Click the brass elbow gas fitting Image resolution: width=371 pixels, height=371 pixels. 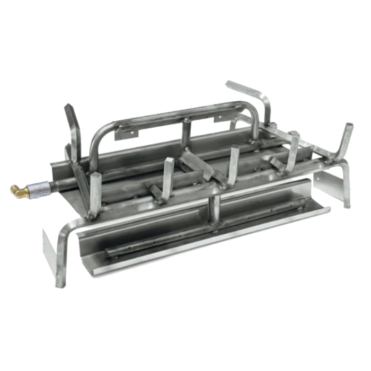pos(17,189)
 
